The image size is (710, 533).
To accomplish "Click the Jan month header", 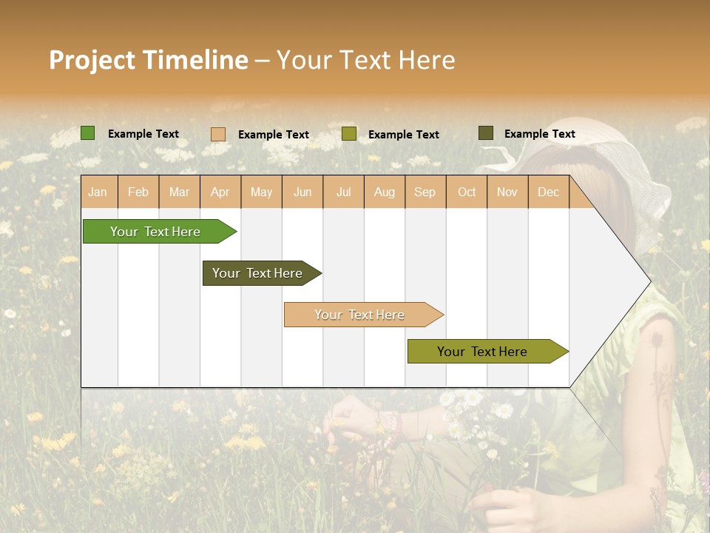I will pyautogui.click(x=98, y=192).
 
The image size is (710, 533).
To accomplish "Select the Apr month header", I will pyautogui.click(x=220, y=192).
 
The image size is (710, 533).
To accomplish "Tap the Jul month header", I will pyautogui.click(x=343, y=192).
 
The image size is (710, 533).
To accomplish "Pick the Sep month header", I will pyautogui.click(x=425, y=192).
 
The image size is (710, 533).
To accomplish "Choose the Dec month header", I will pyautogui.click(x=548, y=192).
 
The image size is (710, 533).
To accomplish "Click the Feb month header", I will pyautogui.click(x=138, y=192).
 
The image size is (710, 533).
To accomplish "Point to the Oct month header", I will pyautogui.click(x=467, y=192).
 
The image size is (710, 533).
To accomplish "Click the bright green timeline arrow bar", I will pyautogui.click(x=155, y=232).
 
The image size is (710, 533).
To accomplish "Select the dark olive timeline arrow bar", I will pyautogui.click(x=257, y=273).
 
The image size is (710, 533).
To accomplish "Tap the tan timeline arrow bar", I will pyautogui.click(x=359, y=315).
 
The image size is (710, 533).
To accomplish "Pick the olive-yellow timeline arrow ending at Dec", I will pyautogui.click(x=482, y=352).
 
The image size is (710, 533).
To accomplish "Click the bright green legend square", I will pyautogui.click(x=88, y=133).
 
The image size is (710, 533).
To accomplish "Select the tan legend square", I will pyautogui.click(x=218, y=134).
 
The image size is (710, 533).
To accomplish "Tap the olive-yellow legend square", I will pyautogui.click(x=349, y=134).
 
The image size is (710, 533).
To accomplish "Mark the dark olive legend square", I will pyautogui.click(x=485, y=133).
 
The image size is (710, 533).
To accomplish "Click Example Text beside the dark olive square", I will pyautogui.click(x=539, y=134).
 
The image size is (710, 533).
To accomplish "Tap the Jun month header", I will pyautogui.click(x=302, y=192).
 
